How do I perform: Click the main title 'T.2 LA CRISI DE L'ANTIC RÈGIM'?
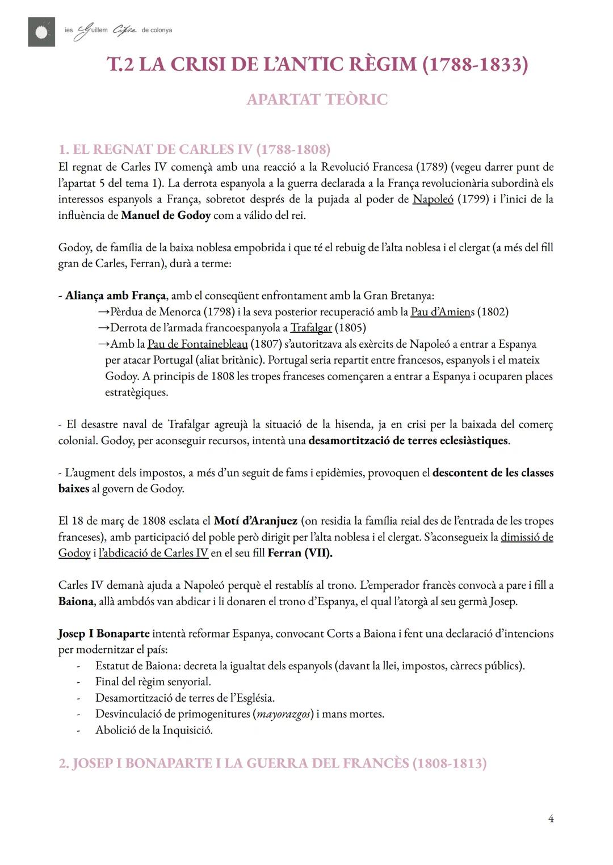317,65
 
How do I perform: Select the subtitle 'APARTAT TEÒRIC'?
317,100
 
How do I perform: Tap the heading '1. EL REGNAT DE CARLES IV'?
194,150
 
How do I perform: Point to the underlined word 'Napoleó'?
433,199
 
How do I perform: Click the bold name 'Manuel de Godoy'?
166,216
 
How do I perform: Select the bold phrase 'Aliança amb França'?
115,296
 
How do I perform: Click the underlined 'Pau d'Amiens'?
442,312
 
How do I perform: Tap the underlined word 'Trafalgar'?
311,328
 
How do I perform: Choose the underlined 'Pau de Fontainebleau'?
198,344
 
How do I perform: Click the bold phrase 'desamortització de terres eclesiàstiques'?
408,441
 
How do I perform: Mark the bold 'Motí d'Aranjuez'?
255,521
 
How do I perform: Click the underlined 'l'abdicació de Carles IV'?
153,553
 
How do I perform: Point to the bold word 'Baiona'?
75,601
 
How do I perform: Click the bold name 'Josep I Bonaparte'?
104,634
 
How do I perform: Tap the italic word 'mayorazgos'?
284,714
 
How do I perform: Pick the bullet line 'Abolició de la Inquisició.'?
154,730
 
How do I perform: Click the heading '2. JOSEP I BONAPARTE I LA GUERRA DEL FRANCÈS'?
272,763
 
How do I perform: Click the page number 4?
551,818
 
